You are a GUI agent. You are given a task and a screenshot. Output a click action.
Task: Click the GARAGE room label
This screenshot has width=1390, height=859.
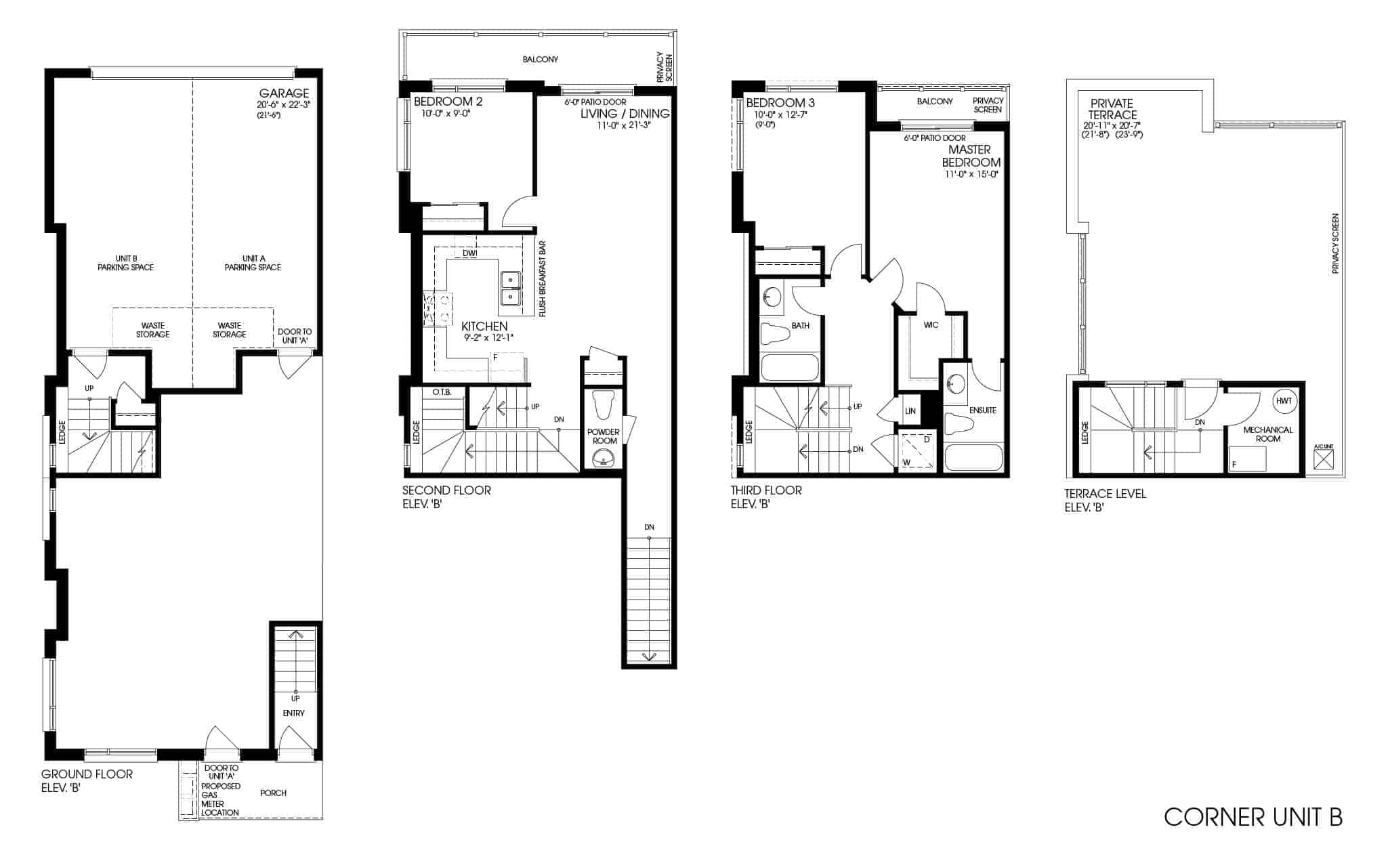[x=284, y=93]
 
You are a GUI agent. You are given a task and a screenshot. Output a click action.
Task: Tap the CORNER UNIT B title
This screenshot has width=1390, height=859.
[x=1253, y=817]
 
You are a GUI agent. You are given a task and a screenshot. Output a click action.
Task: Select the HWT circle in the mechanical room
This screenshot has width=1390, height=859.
[x=1284, y=400]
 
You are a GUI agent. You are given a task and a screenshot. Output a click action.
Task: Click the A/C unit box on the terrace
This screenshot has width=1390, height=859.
[x=1324, y=461]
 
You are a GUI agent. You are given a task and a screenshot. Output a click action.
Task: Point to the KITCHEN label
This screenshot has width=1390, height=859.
[x=484, y=327]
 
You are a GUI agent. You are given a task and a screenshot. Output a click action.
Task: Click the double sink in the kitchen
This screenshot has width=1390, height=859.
[x=511, y=289]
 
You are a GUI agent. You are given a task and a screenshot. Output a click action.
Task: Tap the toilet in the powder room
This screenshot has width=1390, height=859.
[x=602, y=406]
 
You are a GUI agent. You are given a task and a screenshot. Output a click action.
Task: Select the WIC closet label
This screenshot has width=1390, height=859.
[x=931, y=325]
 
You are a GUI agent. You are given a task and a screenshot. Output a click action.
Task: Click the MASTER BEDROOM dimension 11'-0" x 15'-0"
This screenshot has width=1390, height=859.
[x=972, y=174]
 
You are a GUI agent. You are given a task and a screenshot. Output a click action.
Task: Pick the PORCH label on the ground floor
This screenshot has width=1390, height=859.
[x=273, y=793]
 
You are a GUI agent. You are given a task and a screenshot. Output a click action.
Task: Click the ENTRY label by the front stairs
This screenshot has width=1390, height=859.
[x=294, y=713]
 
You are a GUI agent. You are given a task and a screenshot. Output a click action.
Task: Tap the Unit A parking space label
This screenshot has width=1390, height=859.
[x=253, y=263]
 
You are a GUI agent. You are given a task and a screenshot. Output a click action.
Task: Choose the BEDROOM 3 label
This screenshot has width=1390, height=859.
[x=780, y=103]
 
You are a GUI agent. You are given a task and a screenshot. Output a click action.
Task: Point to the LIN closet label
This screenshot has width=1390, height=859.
[x=910, y=411]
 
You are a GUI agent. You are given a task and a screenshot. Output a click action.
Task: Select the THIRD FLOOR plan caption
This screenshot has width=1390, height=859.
[x=766, y=490]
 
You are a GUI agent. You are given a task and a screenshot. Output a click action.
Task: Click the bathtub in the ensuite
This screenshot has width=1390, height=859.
[x=973, y=459]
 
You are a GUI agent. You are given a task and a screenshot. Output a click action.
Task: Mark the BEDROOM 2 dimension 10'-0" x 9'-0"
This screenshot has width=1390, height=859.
[x=446, y=114]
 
